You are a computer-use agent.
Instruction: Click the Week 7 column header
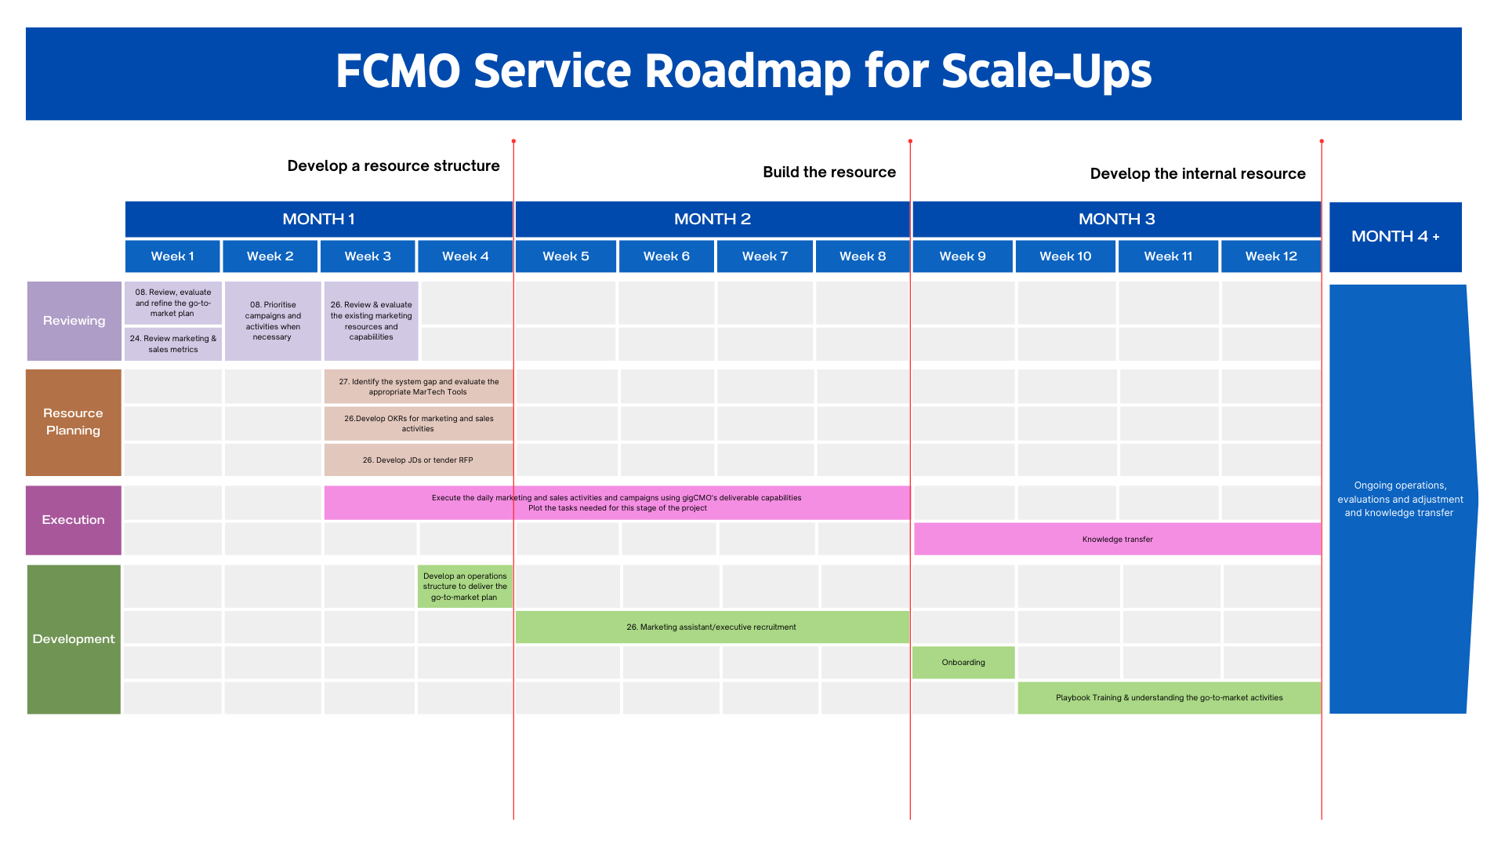pos(764,256)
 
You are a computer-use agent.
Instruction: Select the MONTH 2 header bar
pos(712,220)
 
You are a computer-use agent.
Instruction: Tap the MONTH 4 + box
pos(1395,237)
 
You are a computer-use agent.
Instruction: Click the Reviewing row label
pos(74,321)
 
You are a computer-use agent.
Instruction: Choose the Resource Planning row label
pos(73,422)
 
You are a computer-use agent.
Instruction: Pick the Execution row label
pos(73,520)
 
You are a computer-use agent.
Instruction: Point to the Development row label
pos(74,639)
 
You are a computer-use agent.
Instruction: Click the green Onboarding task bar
pos(963,663)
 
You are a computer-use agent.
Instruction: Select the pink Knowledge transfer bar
pos(1117,540)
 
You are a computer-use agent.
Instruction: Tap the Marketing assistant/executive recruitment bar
pos(711,627)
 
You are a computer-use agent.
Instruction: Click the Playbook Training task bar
pos(1169,698)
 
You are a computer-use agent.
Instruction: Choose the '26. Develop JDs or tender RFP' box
pos(418,460)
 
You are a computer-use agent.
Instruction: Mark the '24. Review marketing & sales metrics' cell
pos(173,344)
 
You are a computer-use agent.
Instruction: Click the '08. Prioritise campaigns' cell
pos(272,321)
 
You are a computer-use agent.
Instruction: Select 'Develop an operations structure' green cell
pos(465,587)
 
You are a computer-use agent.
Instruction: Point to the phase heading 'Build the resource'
pos(829,173)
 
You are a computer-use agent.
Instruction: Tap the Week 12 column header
pos(1271,256)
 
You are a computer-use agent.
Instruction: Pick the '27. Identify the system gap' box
pos(418,387)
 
